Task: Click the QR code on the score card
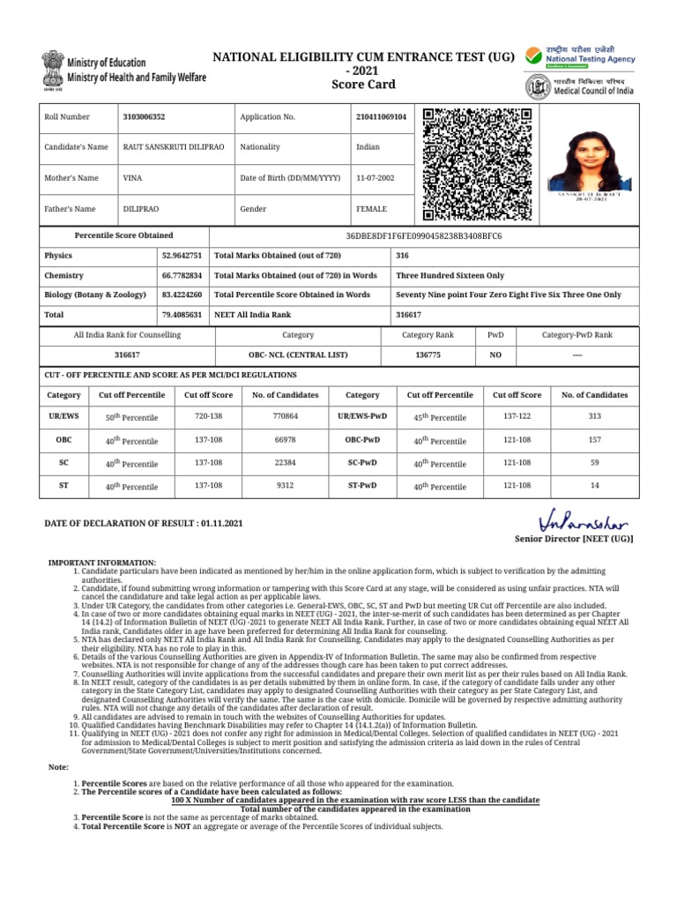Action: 477,164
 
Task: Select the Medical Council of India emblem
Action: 535,86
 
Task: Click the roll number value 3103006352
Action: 144,116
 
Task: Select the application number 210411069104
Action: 381,116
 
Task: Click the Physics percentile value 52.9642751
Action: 182,255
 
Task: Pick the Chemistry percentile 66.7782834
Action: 182,275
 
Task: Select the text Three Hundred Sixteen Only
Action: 450,275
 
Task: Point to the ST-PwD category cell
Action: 362,486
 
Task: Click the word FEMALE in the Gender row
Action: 371,209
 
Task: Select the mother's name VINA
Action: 133,178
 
